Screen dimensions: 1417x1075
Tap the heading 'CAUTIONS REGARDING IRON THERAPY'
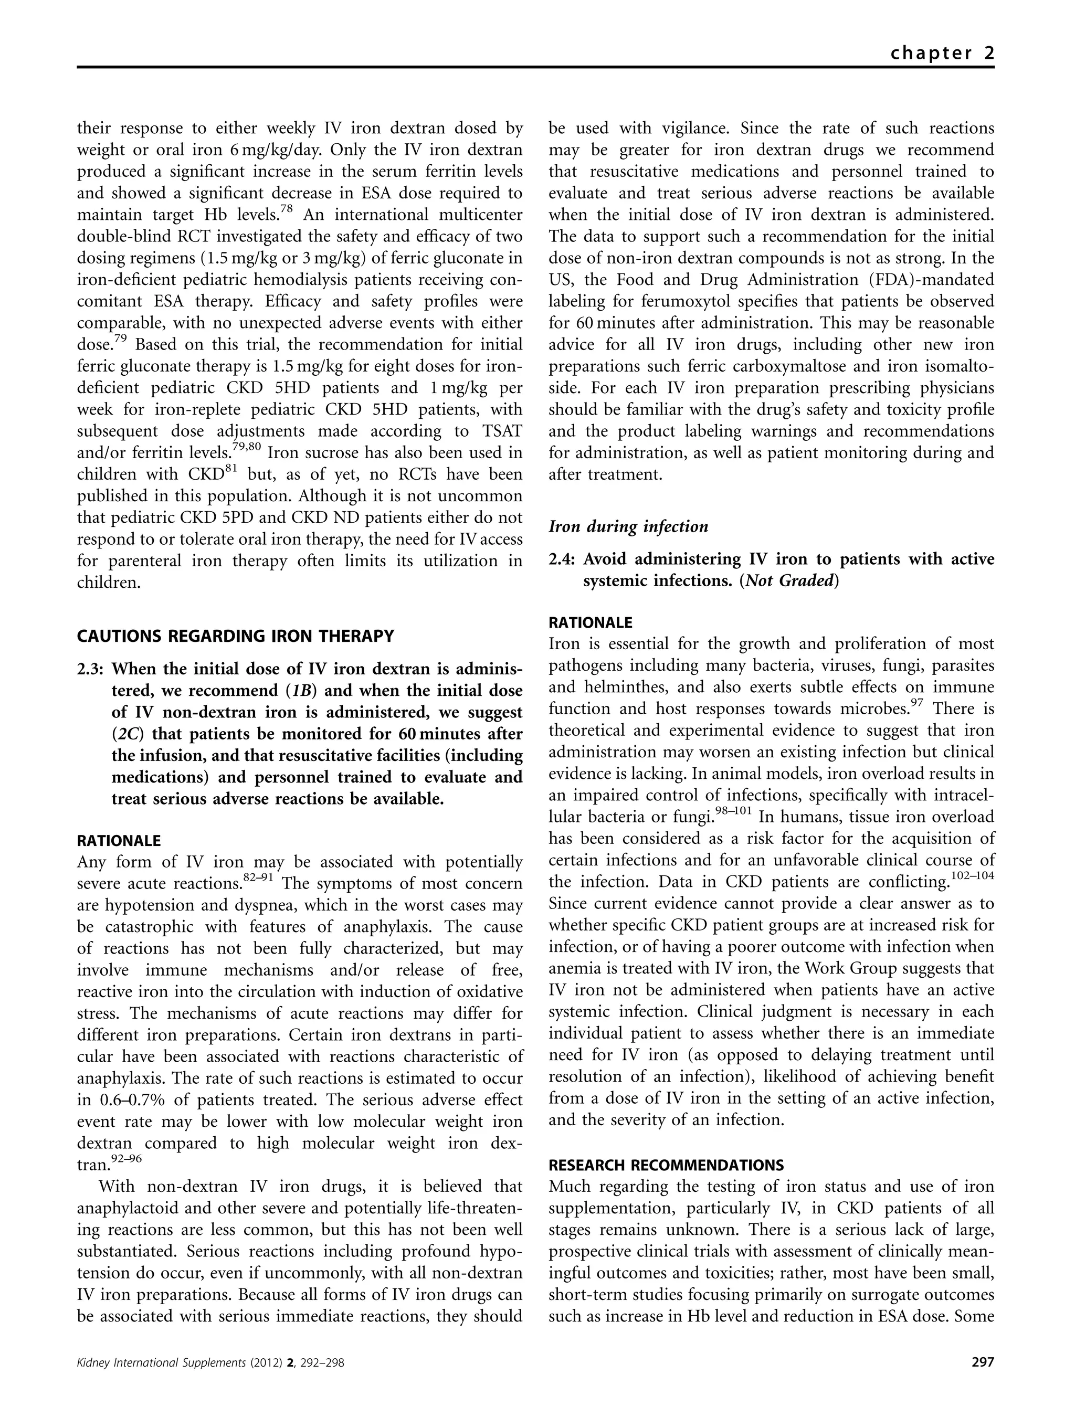pyautogui.click(x=235, y=636)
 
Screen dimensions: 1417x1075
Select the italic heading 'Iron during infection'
pyautogui.click(x=628, y=526)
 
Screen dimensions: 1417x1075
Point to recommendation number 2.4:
pyautogui.click(x=563, y=559)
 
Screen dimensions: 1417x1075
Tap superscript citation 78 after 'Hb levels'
pyautogui.click(x=284, y=208)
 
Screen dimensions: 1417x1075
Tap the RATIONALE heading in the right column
pyautogui.click(x=591, y=622)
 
